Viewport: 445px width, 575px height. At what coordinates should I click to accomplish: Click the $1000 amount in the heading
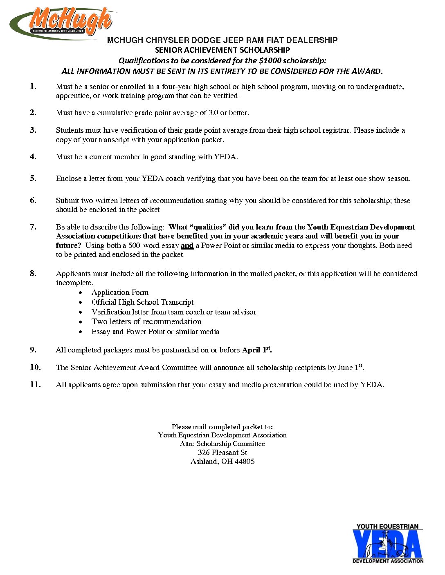pos(270,61)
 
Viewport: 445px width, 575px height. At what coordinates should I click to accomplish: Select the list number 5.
pos(33,178)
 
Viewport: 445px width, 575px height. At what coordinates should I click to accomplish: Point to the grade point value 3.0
pos(213,113)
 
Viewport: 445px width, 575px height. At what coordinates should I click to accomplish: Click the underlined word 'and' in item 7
pos(187,246)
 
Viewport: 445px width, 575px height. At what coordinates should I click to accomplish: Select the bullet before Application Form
pos(82,293)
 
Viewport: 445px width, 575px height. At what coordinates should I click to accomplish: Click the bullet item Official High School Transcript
pos(142,302)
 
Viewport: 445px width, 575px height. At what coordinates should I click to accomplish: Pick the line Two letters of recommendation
pos(146,322)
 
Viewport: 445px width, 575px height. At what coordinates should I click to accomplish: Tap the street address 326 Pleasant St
pos(222,452)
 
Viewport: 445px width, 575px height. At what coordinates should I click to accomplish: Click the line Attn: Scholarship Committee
pos(222,444)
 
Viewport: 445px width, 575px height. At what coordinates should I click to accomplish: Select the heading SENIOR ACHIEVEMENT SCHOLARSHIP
pos(222,50)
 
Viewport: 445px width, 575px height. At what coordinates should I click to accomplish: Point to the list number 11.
pos(35,384)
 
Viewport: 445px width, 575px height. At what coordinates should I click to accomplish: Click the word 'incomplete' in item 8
pos(74,283)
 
